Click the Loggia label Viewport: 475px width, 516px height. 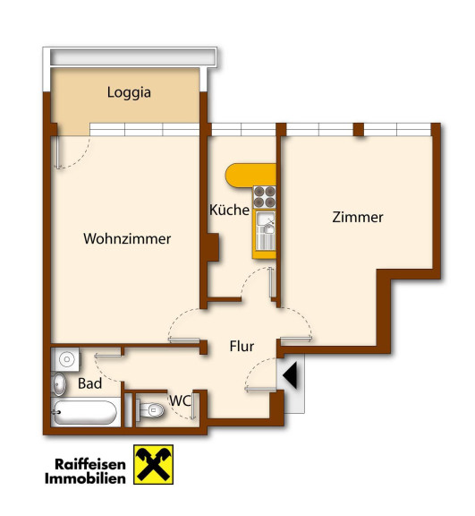point(129,93)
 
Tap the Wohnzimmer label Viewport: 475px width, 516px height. point(127,238)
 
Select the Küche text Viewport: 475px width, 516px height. point(229,210)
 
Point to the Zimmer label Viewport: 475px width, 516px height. point(358,217)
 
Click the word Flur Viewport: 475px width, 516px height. point(242,346)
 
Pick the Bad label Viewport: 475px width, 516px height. point(89,383)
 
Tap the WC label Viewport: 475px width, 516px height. point(180,400)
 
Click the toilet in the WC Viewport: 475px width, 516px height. point(150,410)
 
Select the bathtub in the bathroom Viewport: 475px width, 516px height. point(85,412)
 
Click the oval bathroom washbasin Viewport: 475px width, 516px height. point(59,384)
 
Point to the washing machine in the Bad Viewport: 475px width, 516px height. point(65,359)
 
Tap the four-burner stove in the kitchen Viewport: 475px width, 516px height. point(265,197)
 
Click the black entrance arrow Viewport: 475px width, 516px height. point(290,375)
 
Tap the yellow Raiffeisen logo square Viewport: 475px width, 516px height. point(153,464)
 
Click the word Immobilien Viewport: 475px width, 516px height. point(85,478)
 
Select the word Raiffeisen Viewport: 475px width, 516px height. point(90,464)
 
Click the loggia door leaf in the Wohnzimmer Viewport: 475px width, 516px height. point(58,152)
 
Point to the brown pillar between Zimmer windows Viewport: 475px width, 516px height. point(359,129)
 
